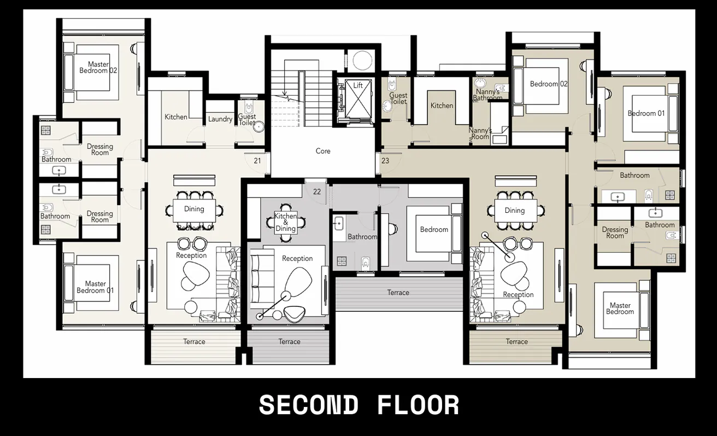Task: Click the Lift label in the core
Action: coord(358,85)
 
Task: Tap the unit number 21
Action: coord(257,161)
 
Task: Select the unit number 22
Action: coord(317,191)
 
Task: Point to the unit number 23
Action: coord(385,161)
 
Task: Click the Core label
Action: coord(323,151)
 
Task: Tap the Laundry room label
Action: coord(220,119)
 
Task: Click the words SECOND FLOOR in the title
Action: coord(358,405)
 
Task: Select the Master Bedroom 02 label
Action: coord(98,67)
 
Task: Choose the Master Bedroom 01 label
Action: coord(95,287)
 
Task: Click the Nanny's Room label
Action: coord(480,133)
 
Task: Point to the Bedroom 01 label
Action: coord(646,113)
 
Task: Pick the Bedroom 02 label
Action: coord(549,84)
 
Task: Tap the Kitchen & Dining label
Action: coord(285,222)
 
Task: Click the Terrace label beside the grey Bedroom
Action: coord(398,293)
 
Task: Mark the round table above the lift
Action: coord(361,60)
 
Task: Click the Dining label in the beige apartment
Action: coord(514,210)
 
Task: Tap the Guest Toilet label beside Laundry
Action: coord(247,119)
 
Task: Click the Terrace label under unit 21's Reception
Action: coord(194,341)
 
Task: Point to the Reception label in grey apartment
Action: coord(297,258)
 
